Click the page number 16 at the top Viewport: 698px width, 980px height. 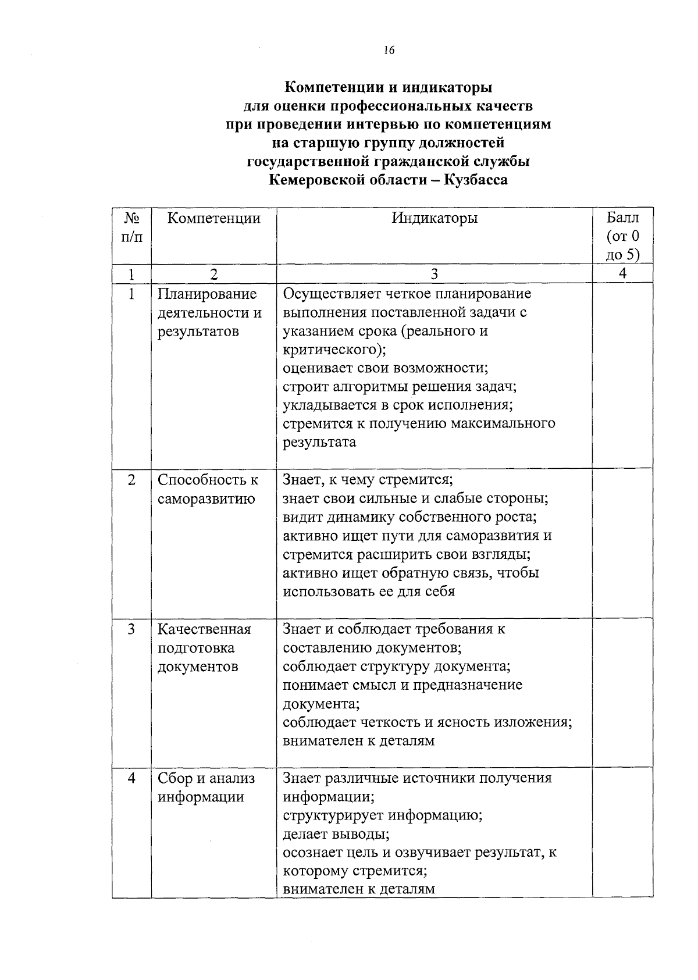click(x=389, y=51)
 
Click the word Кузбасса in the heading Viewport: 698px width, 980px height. click(x=475, y=180)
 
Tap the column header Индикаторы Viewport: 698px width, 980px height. click(x=434, y=218)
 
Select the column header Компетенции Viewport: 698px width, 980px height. click(x=213, y=218)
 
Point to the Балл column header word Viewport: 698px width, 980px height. click(x=622, y=218)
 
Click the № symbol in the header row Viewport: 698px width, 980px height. click(x=131, y=218)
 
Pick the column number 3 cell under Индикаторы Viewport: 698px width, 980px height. click(x=434, y=274)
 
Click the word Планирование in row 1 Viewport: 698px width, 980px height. click(x=207, y=294)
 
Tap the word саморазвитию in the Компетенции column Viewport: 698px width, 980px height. click(x=206, y=499)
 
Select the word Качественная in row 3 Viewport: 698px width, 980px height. click(x=204, y=629)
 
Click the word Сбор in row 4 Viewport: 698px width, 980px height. click(x=174, y=778)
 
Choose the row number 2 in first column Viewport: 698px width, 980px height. click(x=131, y=480)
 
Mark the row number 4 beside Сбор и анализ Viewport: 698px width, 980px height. click(x=131, y=778)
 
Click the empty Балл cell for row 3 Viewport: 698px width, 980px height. click(x=622, y=692)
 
